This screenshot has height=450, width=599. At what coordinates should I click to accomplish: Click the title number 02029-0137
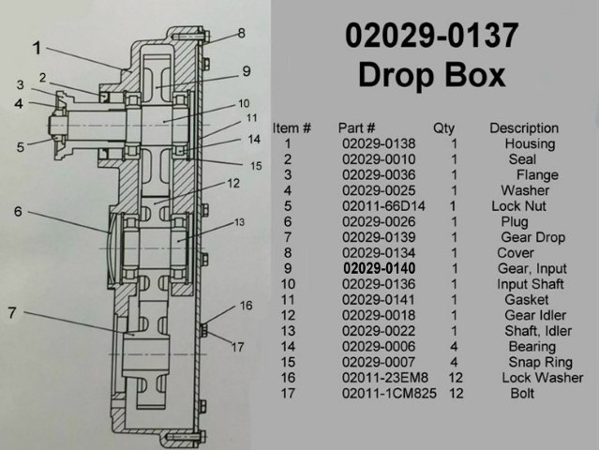pos(432,36)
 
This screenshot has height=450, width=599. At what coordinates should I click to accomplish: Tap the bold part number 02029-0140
pos(379,268)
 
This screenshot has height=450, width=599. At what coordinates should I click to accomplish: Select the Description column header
pos(524,128)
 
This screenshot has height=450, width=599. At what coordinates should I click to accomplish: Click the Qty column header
pos(443,128)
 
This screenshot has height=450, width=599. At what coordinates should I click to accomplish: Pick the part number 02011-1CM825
pos(389,393)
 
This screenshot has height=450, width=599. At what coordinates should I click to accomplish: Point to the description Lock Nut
pos(518,206)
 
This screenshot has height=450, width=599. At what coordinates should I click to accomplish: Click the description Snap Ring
pos(540,362)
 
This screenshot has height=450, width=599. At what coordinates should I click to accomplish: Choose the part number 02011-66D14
pos(383,206)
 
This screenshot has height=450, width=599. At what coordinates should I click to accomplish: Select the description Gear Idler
pos(535,315)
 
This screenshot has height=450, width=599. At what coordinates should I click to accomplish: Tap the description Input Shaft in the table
pos(531,284)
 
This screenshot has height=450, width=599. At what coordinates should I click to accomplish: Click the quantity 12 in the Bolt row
pos(457,393)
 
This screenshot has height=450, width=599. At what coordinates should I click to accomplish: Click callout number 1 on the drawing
pos(37,49)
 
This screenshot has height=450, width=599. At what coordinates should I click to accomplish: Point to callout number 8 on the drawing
pos(241,33)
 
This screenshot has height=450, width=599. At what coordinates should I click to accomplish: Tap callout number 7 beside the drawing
pos(12,313)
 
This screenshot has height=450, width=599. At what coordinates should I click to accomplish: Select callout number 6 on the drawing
pos(18,212)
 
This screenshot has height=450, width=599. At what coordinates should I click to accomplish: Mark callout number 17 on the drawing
pos(237,347)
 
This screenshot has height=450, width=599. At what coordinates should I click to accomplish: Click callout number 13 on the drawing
pos(239,222)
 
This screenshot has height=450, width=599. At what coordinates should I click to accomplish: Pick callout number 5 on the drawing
pos(21,147)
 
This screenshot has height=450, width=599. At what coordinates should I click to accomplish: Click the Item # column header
pos(292,128)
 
